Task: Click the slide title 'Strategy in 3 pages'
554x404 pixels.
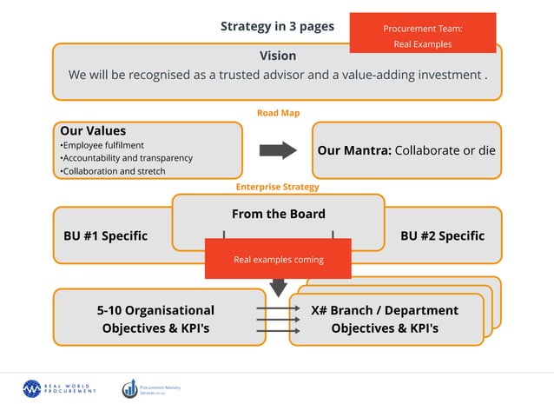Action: (277, 26)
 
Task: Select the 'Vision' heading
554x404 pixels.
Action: (277, 56)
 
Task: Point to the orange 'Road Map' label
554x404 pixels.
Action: (277, 113)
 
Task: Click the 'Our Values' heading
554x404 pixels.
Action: (93, 131)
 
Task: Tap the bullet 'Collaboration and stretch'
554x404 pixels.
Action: (114, 171)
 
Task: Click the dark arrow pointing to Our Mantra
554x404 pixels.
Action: (278, 150)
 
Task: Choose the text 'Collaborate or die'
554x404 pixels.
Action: (445, 150)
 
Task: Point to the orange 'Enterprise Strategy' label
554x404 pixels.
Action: (277, 187)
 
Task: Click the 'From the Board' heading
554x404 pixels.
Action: (278, 214)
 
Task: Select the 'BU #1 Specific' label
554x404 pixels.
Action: (105, 235)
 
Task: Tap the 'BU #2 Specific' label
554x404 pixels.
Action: (442, 235)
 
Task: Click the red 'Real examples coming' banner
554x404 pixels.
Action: (278, 259)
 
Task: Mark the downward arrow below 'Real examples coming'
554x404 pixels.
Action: (278, 287)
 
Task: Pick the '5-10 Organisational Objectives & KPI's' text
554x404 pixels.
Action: (155, 319)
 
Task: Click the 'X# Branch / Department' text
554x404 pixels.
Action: (385, 310)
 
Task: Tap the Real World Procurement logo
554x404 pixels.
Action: (59, 388)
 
